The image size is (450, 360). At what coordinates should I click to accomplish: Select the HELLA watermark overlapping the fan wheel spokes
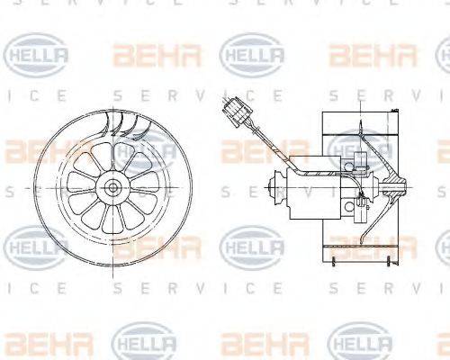[144, 149]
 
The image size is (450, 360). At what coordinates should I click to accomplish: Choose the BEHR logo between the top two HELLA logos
[144, 56]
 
